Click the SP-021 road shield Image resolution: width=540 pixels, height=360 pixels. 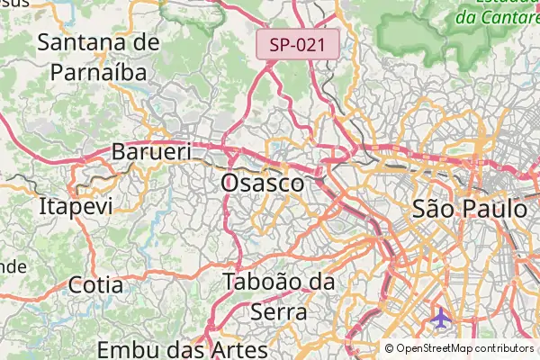click(298, 44)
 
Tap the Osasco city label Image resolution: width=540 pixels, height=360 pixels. click(262, 183)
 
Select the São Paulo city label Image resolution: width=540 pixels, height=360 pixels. click(469, 209)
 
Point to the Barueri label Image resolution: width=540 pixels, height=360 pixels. click(151, 152)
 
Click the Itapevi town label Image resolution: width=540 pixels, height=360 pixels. click(76, 206)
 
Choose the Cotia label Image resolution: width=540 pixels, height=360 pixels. click(95, 285)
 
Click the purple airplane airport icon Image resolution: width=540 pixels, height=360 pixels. click(441, 319)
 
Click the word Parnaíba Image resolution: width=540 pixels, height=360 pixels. click(98, 71)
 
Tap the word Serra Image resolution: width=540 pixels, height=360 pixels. click(277, 311)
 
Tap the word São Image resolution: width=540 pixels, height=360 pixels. click(433, 209)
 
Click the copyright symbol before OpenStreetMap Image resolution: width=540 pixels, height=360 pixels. click(389, 348)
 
